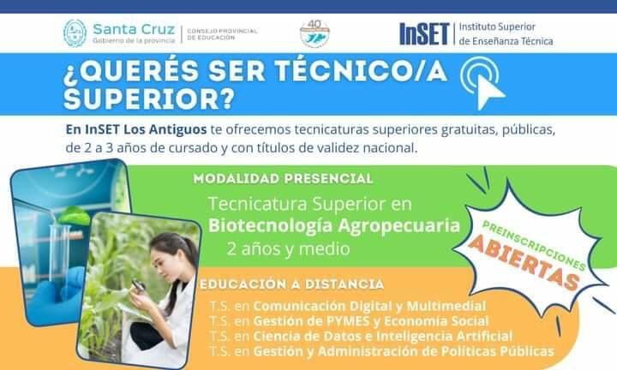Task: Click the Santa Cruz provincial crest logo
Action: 75,33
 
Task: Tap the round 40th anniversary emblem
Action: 314,33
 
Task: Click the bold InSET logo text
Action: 423,33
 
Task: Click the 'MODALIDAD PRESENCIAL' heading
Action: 283,179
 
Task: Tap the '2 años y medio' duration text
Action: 288,250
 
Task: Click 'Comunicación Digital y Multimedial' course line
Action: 369,306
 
